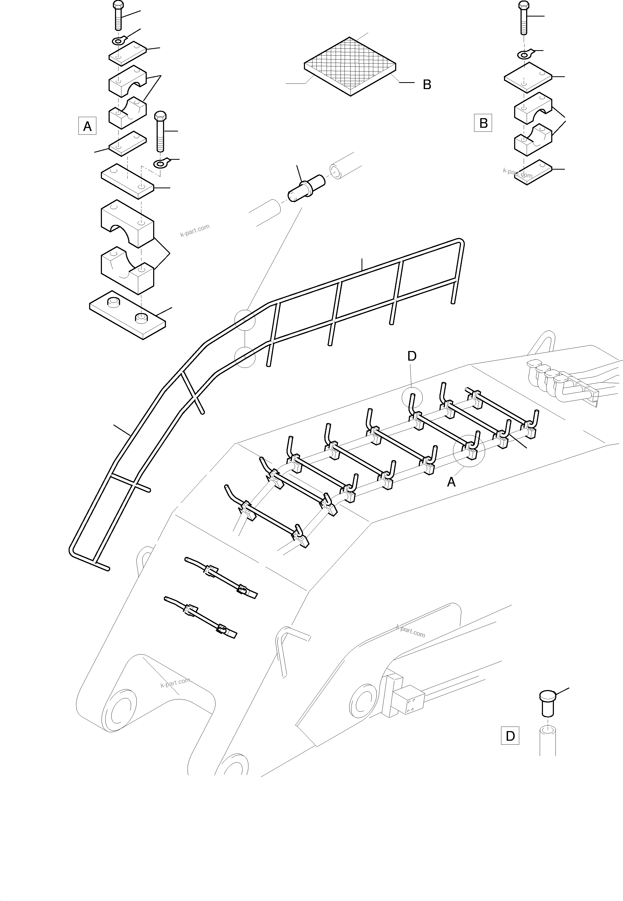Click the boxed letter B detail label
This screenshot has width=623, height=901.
coord(483,123)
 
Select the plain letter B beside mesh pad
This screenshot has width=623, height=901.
coord(427,85)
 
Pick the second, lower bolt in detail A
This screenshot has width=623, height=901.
coord(160,131)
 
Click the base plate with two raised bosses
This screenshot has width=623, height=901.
coord(127,314)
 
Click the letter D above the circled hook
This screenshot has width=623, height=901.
coord(412,356)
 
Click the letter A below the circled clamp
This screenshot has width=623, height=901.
coord(451,482)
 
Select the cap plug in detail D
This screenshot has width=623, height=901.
coord(548,702)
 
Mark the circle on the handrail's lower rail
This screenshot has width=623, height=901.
coord(245,357)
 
